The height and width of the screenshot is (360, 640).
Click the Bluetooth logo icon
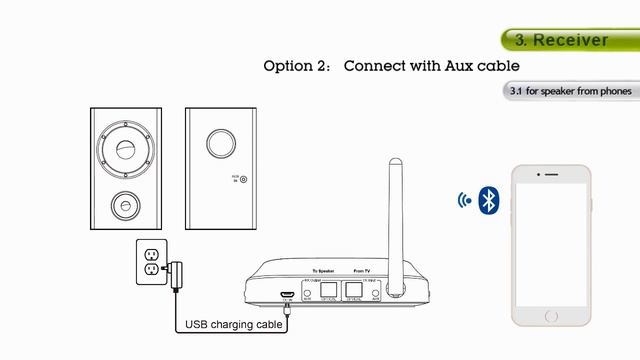pyautogui.click(x=488, y=199)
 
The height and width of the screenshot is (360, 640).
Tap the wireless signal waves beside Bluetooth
pyautogui.click(x=464, y=199)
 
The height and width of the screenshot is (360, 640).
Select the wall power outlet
pyautogui.click(x=149, y=260)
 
